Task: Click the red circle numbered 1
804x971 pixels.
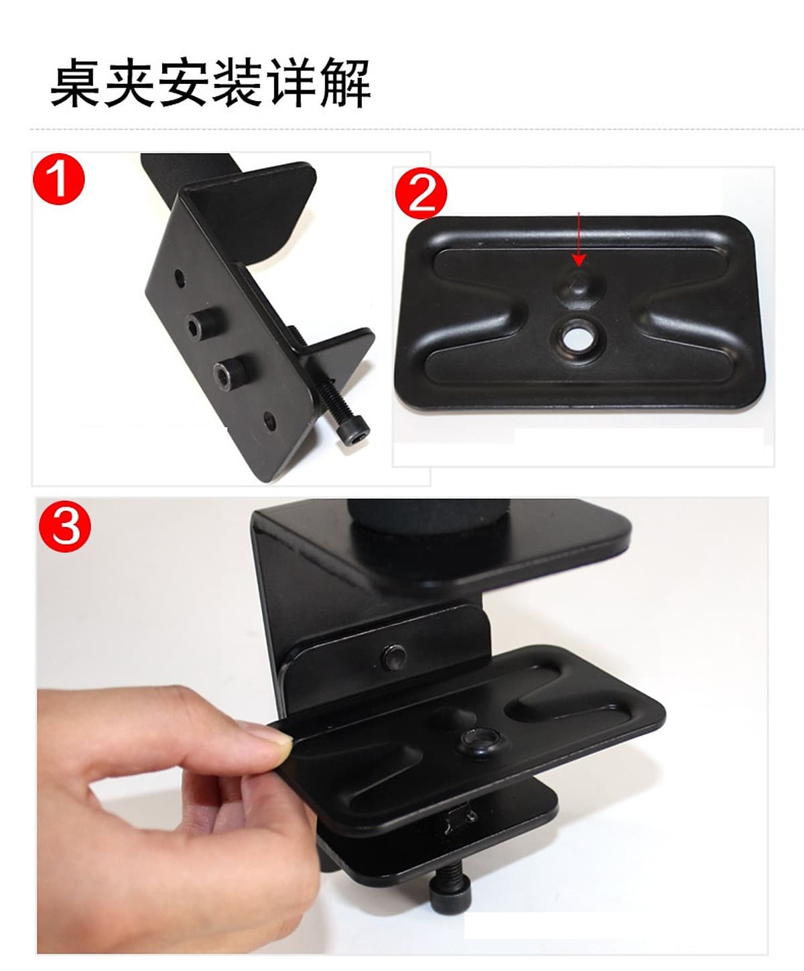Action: coord(58,179)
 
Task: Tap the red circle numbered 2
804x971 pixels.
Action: coord(421,193)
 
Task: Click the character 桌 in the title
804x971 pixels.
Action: coord(75,82)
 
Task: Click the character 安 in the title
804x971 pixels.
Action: coord(183,82)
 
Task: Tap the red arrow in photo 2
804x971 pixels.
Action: coord(579,239)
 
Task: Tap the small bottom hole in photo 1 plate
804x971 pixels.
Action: coord(269,422)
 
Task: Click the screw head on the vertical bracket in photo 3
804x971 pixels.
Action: coord(394,657)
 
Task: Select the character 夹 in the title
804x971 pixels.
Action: coord(129,82)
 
